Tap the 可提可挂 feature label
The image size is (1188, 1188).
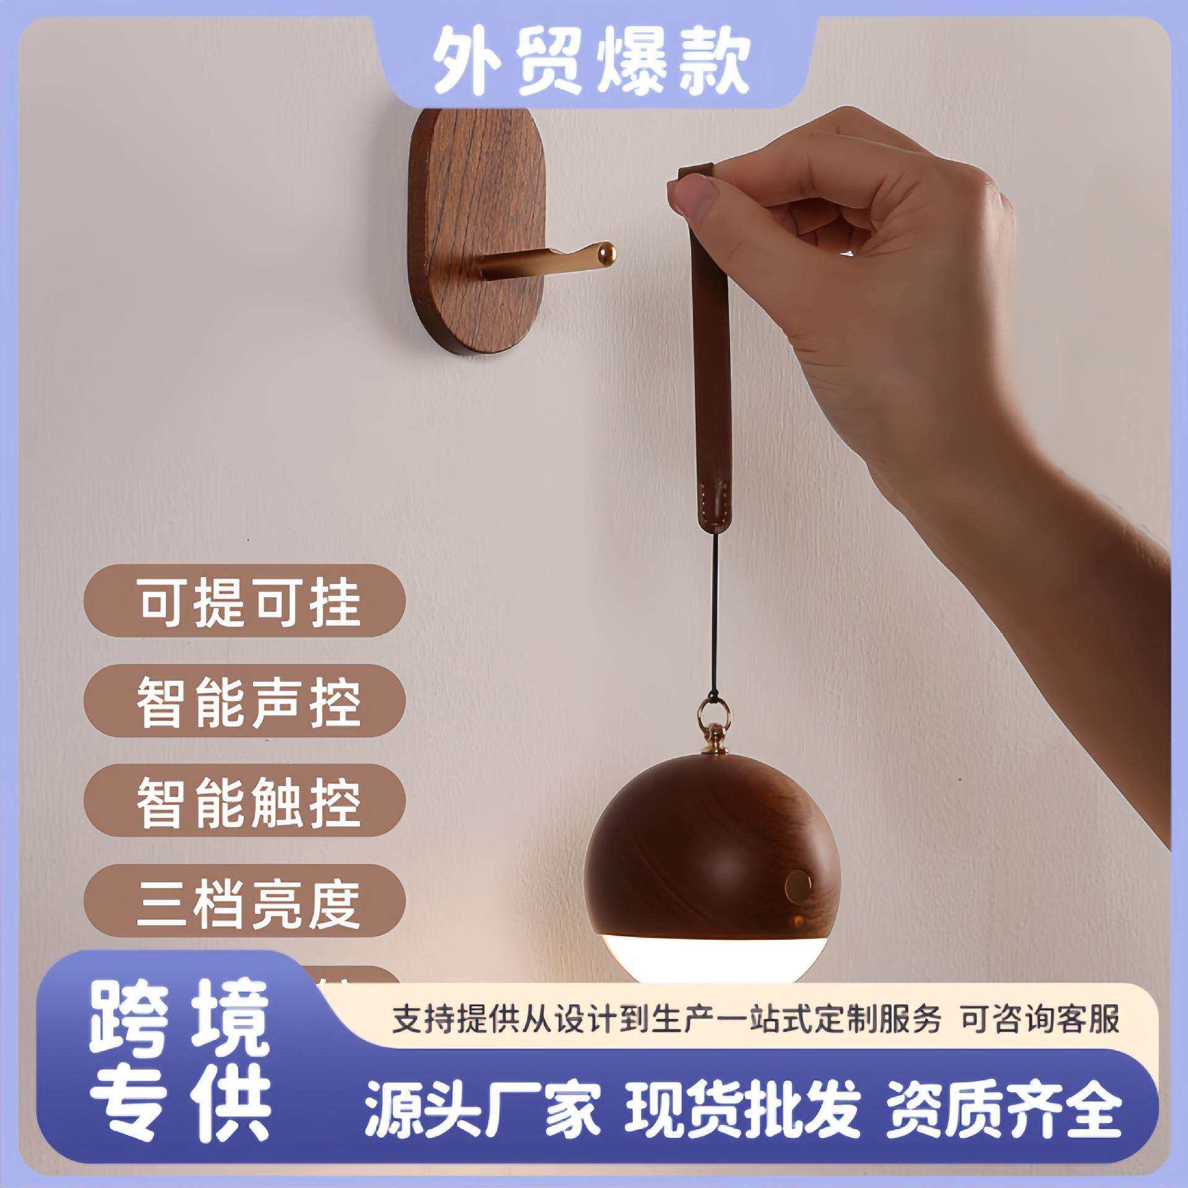(x=247, y=601)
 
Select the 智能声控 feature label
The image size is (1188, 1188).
(x=247, y=701)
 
